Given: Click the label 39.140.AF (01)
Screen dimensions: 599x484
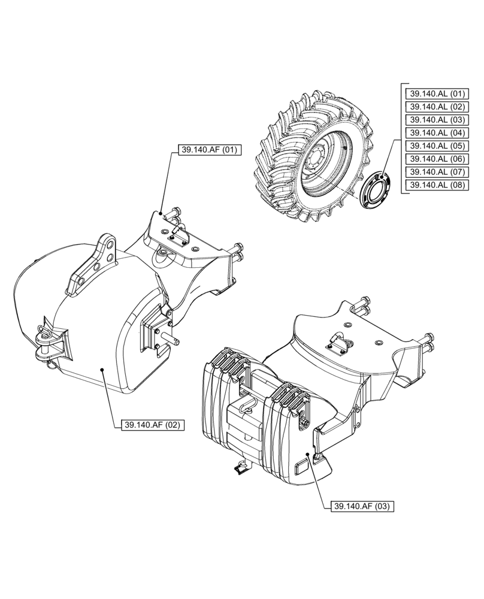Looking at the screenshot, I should pos(208,150).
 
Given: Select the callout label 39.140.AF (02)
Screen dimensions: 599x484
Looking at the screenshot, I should pos(152,425).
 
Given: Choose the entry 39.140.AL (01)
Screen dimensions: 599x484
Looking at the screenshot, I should pos(436,93).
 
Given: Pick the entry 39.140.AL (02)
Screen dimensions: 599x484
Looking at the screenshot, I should pos(436,107).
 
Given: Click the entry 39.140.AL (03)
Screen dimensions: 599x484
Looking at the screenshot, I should pos(436,120).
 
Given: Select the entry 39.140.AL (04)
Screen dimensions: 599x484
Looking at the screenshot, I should pos(436,133).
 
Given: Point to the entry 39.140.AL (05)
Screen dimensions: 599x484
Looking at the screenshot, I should pos(436,146).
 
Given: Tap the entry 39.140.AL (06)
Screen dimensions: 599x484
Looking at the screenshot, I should pos(436,159).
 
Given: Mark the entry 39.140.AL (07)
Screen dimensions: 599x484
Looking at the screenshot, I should pos(436,173).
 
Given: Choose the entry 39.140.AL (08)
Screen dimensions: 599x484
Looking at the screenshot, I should pos(436,186).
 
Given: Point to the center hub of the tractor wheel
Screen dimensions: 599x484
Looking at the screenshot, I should pos(316,162).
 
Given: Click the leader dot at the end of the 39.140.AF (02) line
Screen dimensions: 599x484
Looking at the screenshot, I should pos(103,371).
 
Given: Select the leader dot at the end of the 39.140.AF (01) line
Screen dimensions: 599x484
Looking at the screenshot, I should pos(162,213).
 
